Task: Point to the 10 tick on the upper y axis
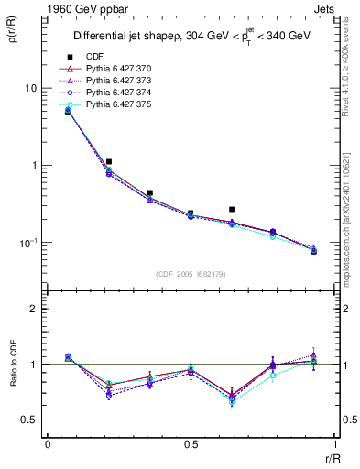(x=30, y=88)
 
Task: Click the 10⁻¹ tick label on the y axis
(x=27, y=243)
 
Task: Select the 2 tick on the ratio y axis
(x=35, y=310)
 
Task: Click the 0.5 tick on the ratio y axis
(x=31, y=420)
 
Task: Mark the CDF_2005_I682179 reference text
(x=191, y=274)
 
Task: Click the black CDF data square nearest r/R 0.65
(x=232, y=210)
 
